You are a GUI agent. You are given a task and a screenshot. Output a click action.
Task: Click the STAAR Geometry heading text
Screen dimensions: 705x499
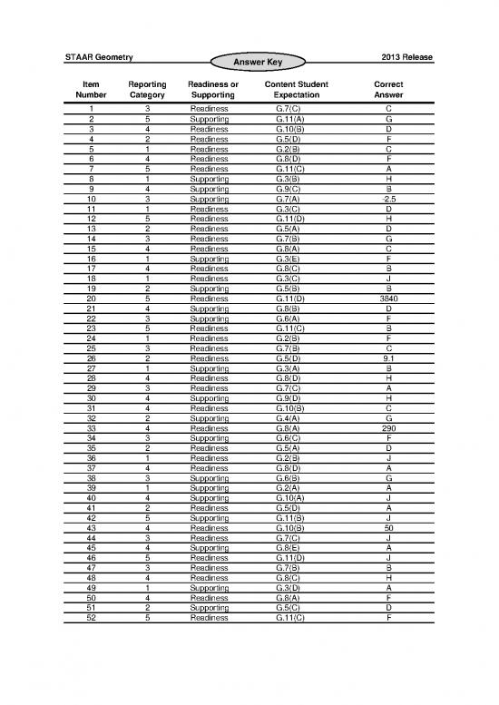click(x=100, y=58)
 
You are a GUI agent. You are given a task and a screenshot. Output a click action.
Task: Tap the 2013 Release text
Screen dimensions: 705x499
click(x=406, y=58)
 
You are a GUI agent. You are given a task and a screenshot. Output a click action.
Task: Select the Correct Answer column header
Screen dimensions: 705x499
click(x=388, y=88)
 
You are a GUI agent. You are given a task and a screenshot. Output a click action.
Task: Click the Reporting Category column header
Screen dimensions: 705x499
click(x=147, y=88)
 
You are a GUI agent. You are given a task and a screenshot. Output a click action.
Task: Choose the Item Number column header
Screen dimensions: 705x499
click(x=91, y=88)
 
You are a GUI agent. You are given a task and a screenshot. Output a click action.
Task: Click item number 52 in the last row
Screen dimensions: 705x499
click(x=91, y=617)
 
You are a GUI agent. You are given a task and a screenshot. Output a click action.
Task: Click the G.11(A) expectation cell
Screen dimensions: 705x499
click(x=289, y=118)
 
